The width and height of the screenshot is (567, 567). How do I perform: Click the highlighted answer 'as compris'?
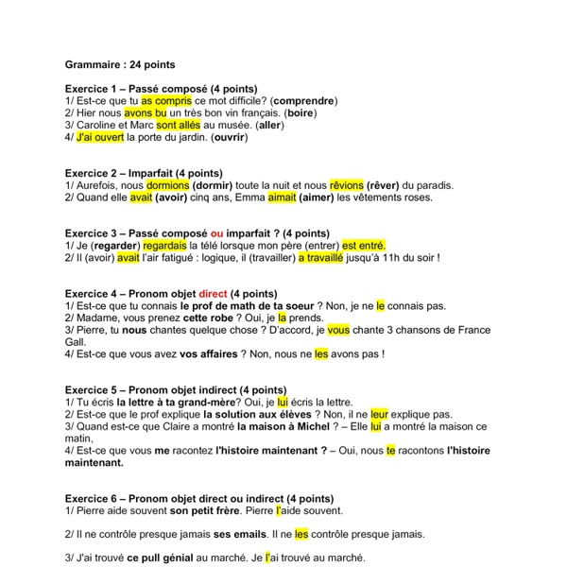[x=166, y=100]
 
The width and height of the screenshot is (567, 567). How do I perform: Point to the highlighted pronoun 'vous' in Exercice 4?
[x=338, y=331]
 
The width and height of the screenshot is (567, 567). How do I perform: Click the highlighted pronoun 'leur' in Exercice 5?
[x=380, y=414]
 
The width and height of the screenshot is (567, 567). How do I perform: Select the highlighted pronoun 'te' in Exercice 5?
[x=390, y=451]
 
